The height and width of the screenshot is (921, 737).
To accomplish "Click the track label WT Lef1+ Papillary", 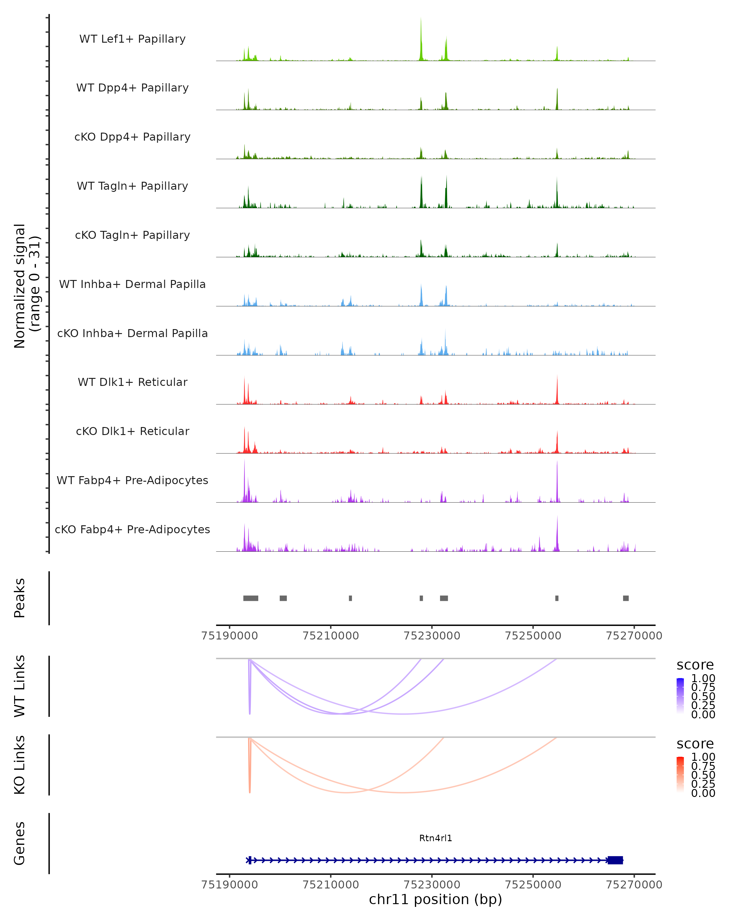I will point(132,39).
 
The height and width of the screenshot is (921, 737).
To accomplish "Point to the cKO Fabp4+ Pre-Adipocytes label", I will point(132,529).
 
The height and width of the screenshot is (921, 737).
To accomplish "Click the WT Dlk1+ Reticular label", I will point(132,382).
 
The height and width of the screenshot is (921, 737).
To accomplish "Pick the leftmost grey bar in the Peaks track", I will point(251,598).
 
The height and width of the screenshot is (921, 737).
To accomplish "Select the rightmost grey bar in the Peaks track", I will point(626,598).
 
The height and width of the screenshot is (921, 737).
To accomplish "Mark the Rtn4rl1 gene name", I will point(435,838).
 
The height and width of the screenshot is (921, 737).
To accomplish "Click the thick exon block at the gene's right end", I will point(615,860).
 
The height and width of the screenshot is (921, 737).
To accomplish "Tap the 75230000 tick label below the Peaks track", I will point(432,636).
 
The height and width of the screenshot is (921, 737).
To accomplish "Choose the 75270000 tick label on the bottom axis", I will point(634,885).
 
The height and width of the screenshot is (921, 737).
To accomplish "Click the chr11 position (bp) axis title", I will point(435,900).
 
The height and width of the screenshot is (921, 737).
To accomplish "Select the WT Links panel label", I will point(20,686).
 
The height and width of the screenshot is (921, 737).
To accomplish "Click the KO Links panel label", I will point(20,765).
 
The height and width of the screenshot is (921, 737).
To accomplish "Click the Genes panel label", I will point(20,843).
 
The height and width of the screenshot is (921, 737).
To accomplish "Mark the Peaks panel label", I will point(20,598).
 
